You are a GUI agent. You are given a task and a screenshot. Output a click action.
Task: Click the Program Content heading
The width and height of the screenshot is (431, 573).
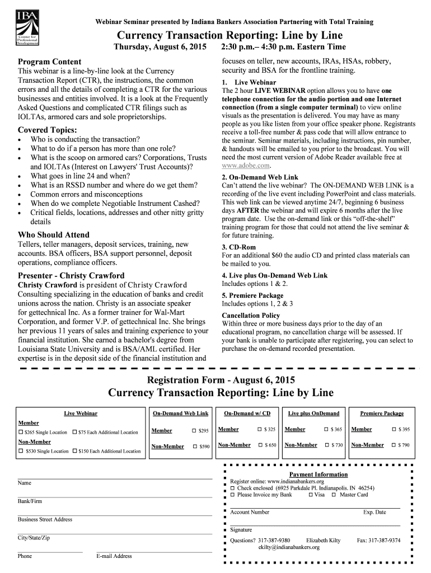(50, 62)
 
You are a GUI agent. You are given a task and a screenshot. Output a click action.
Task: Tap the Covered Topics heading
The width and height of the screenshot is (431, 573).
(48, 130)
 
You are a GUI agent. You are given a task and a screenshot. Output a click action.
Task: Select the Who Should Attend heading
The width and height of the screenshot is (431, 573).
(54, 235)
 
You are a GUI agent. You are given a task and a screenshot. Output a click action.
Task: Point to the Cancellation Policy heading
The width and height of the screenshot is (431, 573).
(251, 315)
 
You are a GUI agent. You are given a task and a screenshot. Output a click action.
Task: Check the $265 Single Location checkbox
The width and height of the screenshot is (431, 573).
(21, 433)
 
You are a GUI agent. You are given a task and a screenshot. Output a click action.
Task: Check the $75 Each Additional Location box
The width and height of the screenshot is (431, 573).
(74, 433)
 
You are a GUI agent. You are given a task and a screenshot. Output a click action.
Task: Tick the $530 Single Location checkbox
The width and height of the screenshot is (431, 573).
(21, 451)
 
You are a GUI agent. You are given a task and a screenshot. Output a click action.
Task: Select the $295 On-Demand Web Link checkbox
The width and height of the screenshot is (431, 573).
(194, 430)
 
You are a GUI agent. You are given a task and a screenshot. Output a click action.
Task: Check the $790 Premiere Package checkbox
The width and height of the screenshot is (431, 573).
(392, 445)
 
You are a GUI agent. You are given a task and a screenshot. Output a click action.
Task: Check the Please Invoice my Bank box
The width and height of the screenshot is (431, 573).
(233, 495)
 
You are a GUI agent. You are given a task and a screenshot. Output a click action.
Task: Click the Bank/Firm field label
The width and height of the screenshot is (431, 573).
(30, 501)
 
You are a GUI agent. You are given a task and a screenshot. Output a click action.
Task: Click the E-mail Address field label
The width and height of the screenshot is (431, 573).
(114, 556)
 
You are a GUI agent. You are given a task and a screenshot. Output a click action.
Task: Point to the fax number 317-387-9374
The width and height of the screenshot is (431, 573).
(379, 541)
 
